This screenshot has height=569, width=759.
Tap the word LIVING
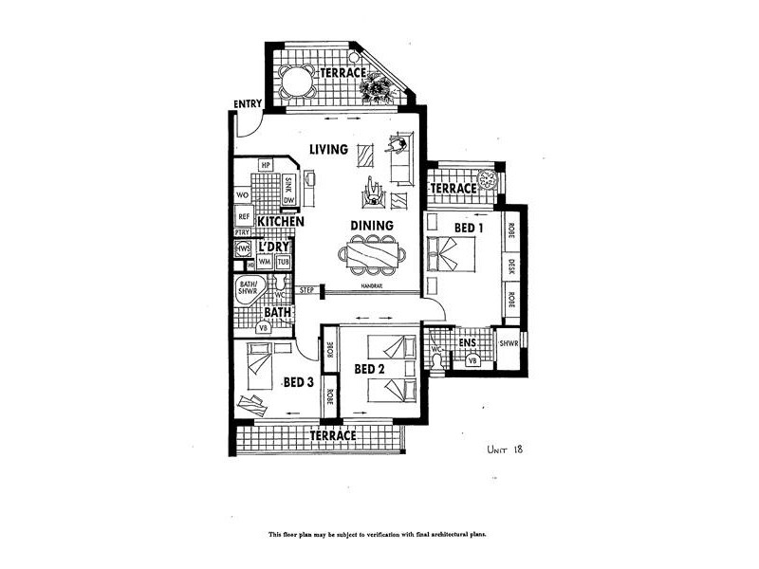pyautogui.click(x=329, y=149)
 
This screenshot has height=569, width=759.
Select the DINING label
pyautogui.click(x=371, y=225)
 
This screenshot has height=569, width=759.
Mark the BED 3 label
pyautogui.click(x=298, y=382)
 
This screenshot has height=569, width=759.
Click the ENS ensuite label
pyautogui.click(x=467, y=342)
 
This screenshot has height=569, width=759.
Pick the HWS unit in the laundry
pyautogui.click(x=244, y=250)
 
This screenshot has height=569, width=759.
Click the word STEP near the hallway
pyautogui.click(x=306, y=290)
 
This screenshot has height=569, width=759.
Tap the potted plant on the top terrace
pyautogui.click(x=376, y=88)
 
